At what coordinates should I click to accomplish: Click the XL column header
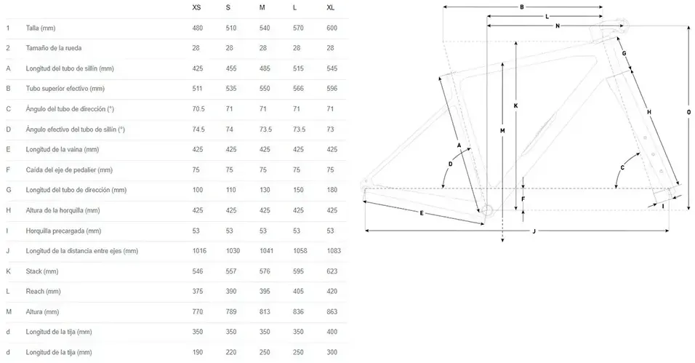point(330,7)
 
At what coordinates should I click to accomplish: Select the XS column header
point(196,7)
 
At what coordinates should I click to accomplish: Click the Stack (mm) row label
point(42,271)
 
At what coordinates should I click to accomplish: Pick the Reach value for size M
point(265,291)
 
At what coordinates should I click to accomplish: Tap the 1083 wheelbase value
point(334,251)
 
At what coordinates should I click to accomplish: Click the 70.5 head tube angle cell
point(198,108)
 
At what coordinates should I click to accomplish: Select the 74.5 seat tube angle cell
point(198,129)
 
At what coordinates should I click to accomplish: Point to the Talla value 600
point(332,28)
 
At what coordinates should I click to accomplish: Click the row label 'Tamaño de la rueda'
point(54,48)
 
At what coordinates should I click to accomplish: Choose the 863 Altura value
point(332,311)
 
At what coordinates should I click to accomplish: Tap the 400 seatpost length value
point(332,332)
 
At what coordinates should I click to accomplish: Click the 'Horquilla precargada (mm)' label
point(63,231)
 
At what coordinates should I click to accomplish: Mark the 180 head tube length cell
point(332,190)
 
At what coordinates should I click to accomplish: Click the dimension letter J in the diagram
point(534,231)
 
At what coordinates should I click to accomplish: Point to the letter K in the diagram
point(515,106)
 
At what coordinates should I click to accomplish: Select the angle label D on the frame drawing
point(450,164)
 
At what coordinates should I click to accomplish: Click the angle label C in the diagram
point(622,168)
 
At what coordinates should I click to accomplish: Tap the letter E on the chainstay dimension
point(422,213)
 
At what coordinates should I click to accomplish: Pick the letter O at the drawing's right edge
point(688,112)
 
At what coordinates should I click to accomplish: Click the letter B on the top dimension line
point(522,7)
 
